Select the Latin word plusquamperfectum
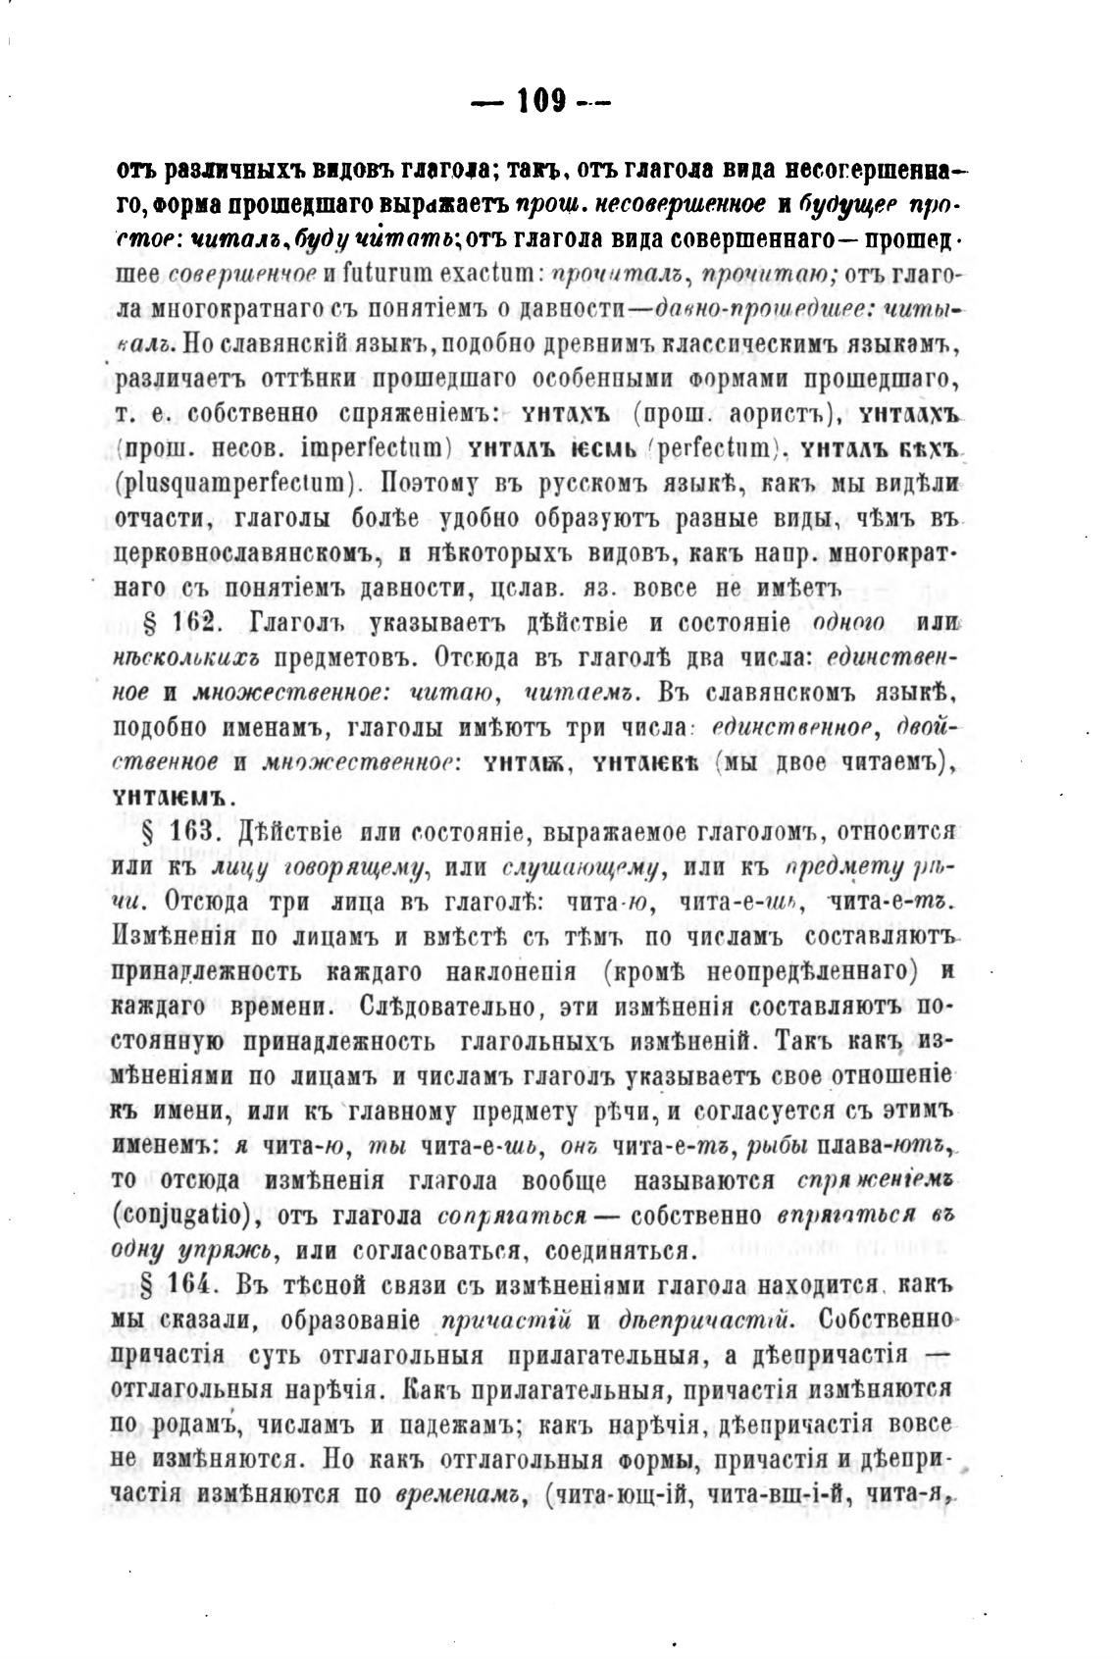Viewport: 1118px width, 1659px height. (233, 484)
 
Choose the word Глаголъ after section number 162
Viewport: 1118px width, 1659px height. (297, 624)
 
